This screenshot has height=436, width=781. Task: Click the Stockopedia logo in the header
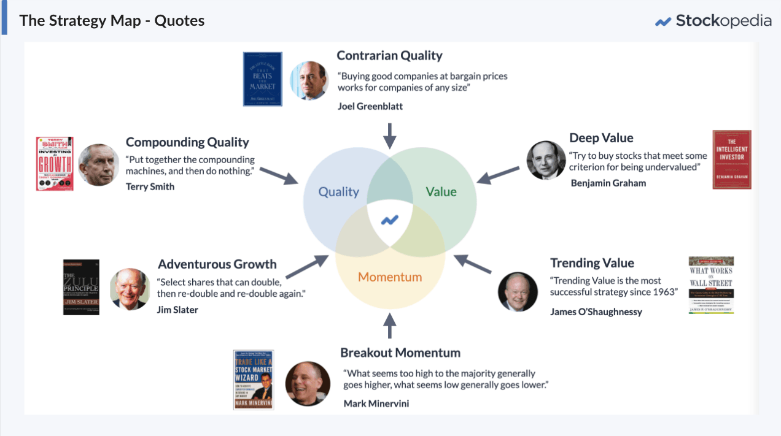point(713,21)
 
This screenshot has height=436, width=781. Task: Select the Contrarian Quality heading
point(389,56)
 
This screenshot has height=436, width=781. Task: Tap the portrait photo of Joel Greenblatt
point(308,80)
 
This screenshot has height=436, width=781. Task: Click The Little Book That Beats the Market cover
point(262,79)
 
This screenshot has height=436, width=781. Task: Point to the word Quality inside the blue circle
point(338,192)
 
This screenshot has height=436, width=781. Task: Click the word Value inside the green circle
point(441,192)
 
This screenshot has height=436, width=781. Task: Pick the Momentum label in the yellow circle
point(390,277)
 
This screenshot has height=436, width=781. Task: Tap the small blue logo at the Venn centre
point(390,220)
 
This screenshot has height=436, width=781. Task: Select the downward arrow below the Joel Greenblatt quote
point(389,135)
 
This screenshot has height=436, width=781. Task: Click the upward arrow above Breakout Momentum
point(390,326)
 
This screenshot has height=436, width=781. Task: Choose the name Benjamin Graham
point(608,183)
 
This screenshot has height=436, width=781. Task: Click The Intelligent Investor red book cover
point(732,159)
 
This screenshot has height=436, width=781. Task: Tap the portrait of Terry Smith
point(99,164)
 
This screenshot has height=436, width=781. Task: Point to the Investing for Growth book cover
point(55,164)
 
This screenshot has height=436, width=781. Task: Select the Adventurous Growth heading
point(217,264)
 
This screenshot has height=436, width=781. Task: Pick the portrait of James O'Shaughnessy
point(518,292)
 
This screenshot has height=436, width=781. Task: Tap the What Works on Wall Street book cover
point(711,285)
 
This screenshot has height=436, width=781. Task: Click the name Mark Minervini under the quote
point(376,403)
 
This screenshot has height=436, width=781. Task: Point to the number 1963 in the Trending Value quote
point(664,292)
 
